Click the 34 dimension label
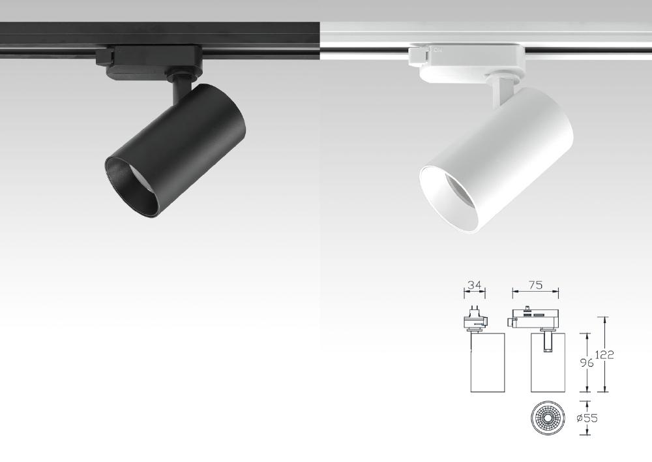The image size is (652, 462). click(x=475, y=286)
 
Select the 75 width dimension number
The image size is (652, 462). click(x=535, y=285)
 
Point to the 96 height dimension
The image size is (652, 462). click(x=586, y=363)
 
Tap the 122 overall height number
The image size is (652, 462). click(x=604, y=355)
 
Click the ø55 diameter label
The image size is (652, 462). click(x=587, y=418)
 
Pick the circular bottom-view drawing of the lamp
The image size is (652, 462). click(x=548, y=418)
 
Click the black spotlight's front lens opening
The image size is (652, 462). click(x=132, y=187)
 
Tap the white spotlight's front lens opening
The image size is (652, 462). click(x=449, y=198)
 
